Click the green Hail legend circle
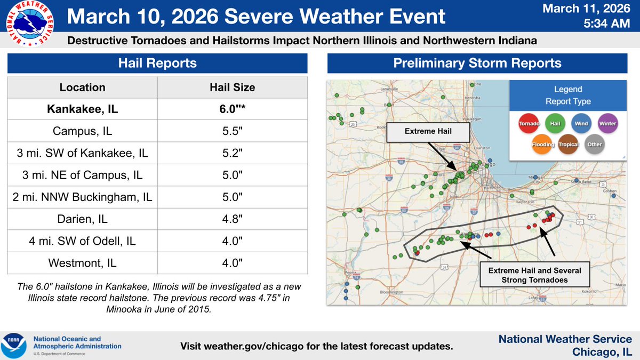tap(555, 124)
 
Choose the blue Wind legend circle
tap(581, 124)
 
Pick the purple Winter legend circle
tap(607, 124)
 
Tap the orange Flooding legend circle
tap(542, 144)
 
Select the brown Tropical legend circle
tap(568, 144)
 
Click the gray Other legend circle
tap(594, 144)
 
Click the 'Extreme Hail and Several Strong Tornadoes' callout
tap(534, 275)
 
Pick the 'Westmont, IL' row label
tap(82, 263)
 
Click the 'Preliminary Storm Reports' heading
tap(477, 63)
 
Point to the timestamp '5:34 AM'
tap(605, 25)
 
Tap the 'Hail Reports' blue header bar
tap(157, 63)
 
